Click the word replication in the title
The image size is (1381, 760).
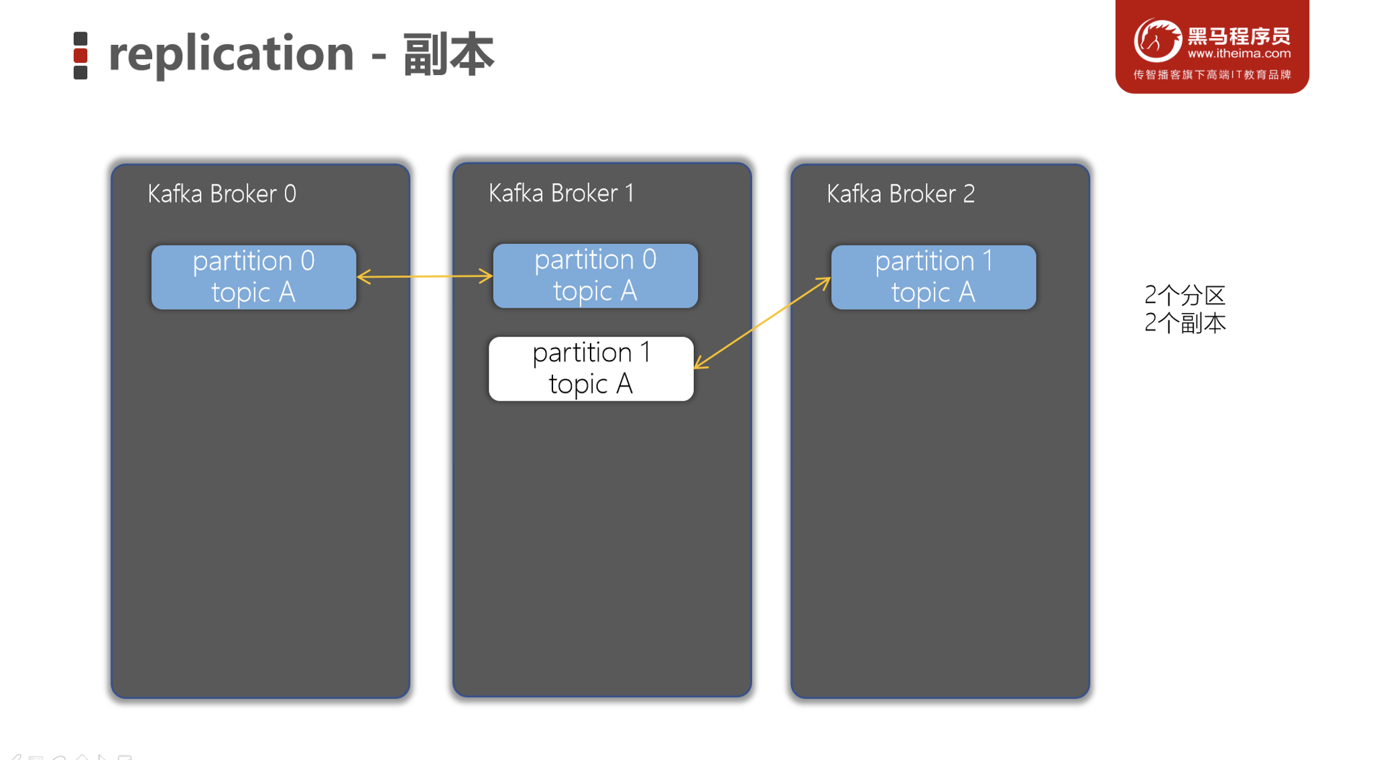231,54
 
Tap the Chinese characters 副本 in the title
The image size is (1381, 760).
448,54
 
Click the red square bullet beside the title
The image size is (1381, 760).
80,56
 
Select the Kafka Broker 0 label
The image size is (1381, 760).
221,194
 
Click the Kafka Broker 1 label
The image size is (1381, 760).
560,193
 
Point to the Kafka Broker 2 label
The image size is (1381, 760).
900,194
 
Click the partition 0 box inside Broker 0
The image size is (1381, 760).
253,277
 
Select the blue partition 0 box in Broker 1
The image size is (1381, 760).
595,275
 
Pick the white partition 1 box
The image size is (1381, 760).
591,369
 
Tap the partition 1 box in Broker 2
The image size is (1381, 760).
933,277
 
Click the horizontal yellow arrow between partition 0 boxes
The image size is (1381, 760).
425,276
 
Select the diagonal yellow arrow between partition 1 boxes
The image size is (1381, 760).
762,323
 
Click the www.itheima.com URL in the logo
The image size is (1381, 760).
1238,54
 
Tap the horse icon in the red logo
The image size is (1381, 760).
1157,40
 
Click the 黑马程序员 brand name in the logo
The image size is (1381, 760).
1238,35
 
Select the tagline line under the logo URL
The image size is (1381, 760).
1211,74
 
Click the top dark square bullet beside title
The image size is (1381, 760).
80,39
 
